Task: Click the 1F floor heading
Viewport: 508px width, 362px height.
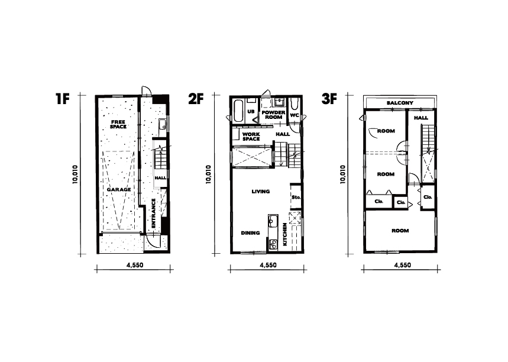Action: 63,99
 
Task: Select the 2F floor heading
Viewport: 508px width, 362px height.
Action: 196,99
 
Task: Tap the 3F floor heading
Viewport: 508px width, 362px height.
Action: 329,99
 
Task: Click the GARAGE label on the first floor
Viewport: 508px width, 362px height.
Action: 119,190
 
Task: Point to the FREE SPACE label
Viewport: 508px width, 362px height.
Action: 118,124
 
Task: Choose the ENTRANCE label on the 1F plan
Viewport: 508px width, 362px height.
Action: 154,213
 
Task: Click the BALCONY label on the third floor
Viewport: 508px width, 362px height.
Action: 400,103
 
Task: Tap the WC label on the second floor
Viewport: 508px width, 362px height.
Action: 294,115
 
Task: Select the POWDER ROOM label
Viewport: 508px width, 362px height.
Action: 273,115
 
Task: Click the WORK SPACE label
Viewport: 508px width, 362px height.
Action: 251,137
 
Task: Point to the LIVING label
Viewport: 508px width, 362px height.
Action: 260,192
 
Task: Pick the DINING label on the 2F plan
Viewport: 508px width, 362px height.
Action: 250,232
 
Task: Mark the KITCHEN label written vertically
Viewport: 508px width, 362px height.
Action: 285,234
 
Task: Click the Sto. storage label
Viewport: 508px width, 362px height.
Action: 296,197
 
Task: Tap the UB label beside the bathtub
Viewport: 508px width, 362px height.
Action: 251,112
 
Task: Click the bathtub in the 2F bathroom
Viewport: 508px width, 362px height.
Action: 239,111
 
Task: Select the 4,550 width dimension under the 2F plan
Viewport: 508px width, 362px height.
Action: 268,265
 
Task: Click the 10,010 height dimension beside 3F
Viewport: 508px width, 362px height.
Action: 343,174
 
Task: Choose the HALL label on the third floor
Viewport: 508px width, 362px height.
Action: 421,118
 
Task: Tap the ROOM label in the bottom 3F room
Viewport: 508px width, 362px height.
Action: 400,231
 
